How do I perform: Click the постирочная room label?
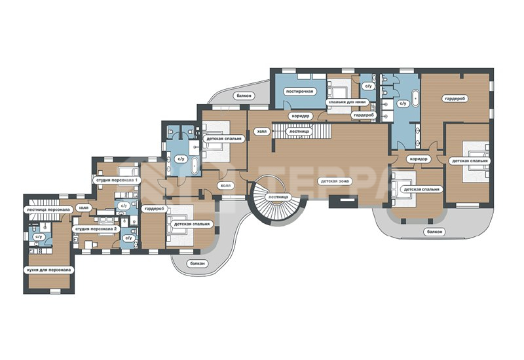tap(300, 91)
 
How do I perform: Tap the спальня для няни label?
tap(347, 102)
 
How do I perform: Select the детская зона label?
tap(335, 181)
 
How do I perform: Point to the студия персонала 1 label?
tap(117, 181)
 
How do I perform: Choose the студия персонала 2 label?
tap(96, 228)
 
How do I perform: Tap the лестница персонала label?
tap(48, 209)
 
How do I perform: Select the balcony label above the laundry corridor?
tap(244, 96)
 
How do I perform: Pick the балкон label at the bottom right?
tap(434, 232)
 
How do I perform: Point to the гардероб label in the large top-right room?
tap(455, 99)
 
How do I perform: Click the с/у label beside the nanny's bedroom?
tap(368, 86)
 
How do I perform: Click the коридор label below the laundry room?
tap(301, 116)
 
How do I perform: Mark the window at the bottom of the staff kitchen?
tap(55, 291)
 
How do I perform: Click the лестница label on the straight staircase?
tap(299, 132)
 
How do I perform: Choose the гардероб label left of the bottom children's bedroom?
tap(155, 209)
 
